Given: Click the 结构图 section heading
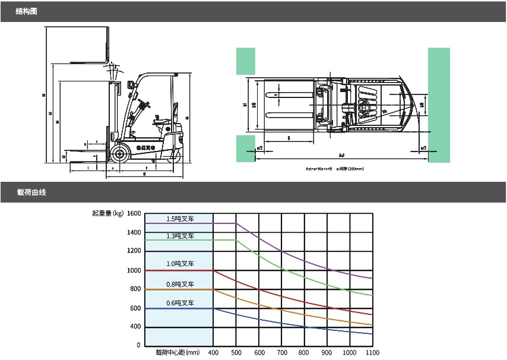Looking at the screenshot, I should click(x=26, y=11).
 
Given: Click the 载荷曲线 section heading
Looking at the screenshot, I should click(x=31, y=192).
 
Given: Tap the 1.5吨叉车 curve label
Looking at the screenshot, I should click(x=180, y=219).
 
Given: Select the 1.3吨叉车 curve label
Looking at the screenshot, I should click(x=180, y=236).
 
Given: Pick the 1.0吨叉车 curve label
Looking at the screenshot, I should click(x=180, y=263).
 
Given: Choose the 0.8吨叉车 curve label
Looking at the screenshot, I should click(x=180, y=282).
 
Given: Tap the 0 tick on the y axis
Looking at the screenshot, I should click(x=138, y=345).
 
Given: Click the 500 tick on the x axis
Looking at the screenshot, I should click(x=236, y=353).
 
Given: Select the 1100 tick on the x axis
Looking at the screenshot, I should click(x=372, y=353).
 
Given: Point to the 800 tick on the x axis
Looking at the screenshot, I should click(x=304, y=353).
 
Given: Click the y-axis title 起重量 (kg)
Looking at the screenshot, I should click(x=107, y=213).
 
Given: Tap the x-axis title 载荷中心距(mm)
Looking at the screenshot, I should click(x=178, y=353).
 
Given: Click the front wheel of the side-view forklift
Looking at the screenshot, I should click(x=121, y=154).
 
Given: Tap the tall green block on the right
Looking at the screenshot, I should click(x=438, y=104).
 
